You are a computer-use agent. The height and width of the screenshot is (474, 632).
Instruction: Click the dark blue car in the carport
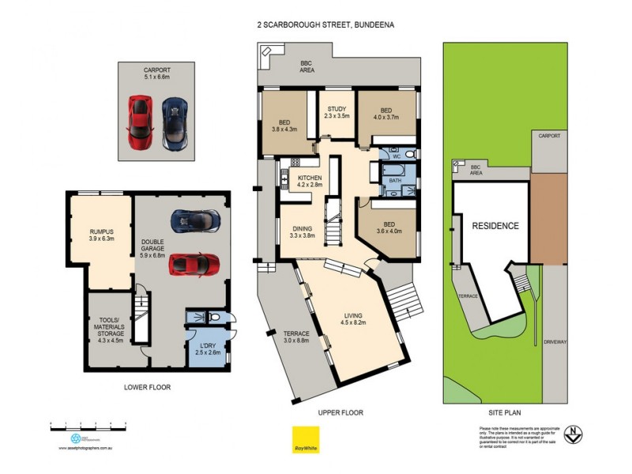click(174, 122)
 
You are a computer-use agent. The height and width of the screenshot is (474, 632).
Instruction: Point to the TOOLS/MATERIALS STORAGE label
click(109, 330)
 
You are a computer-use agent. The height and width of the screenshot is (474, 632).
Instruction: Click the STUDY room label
click(336, 112)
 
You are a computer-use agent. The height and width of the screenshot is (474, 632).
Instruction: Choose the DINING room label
click(303, 231)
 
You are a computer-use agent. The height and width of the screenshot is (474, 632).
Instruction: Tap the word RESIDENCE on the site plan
click(495, 226)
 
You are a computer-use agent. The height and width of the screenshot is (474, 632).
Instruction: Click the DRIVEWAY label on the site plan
click(555, 342)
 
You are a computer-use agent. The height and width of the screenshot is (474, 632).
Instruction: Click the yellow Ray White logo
click(301, 438)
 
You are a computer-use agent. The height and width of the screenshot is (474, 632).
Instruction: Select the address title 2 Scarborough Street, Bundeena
click(325, 24)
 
